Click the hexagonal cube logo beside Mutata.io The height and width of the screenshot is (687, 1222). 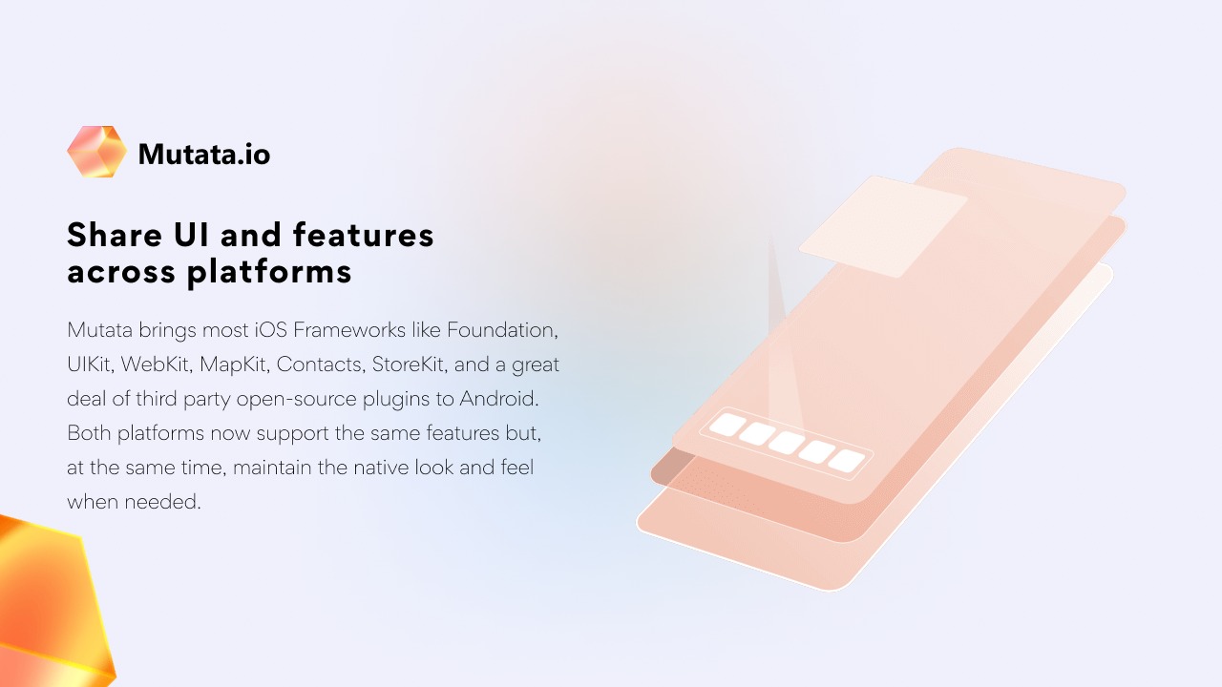tap(97, 152)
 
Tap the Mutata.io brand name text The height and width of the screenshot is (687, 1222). tap(204, 155)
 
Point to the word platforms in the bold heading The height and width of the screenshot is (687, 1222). tap(269, 273)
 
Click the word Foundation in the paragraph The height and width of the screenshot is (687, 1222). tap(502, 330)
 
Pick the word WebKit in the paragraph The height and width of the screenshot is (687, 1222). tap(156, 364)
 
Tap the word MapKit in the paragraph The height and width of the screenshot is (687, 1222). tap(235, 364)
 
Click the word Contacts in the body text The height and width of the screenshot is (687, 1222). tap(321, 364)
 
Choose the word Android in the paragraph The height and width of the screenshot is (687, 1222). tap(498, 399)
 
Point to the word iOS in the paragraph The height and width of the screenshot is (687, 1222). tap(270, 330)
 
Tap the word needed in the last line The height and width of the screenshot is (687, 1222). tap(160, 502)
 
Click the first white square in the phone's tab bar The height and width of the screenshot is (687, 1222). tap(727, 425)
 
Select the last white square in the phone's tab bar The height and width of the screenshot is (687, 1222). tap(846, 461)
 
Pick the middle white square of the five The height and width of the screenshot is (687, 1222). tap(786, 443)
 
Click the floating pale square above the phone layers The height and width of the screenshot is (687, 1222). tap(883, 226)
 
